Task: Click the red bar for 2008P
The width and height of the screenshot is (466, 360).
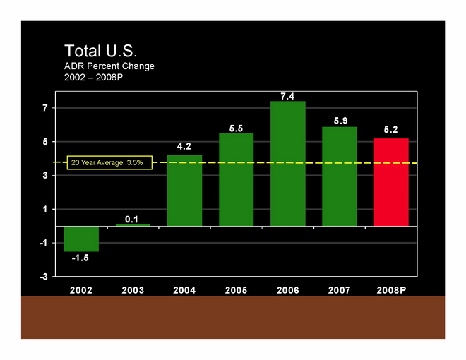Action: (x=391, y=182)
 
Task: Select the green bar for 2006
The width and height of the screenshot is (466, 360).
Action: (x=288, y=164)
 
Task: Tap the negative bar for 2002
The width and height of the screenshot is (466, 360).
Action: (x=81, y=239)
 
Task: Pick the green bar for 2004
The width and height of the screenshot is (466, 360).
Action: (x=184, y=191)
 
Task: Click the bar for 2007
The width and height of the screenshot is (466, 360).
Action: (x=340, y=176)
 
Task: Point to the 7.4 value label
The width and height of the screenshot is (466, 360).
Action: (x=288, y=95)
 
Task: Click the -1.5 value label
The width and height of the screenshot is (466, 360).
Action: (x=81, y=258)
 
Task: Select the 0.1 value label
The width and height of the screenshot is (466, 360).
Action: (x=133, y=219)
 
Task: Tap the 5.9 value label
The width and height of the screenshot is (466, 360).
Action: (x=340, y=121)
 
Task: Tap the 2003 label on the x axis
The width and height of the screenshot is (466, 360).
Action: (x=133, y=290)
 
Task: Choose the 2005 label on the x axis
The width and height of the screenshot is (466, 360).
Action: (x=236, y=290)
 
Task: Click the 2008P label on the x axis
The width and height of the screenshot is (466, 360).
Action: (x=391, y=290)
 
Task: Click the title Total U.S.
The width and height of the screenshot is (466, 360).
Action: (x=100, y=52)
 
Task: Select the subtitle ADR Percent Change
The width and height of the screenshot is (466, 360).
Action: (x=109, y=66)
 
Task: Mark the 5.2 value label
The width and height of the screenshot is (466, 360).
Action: (x=391, y=131)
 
